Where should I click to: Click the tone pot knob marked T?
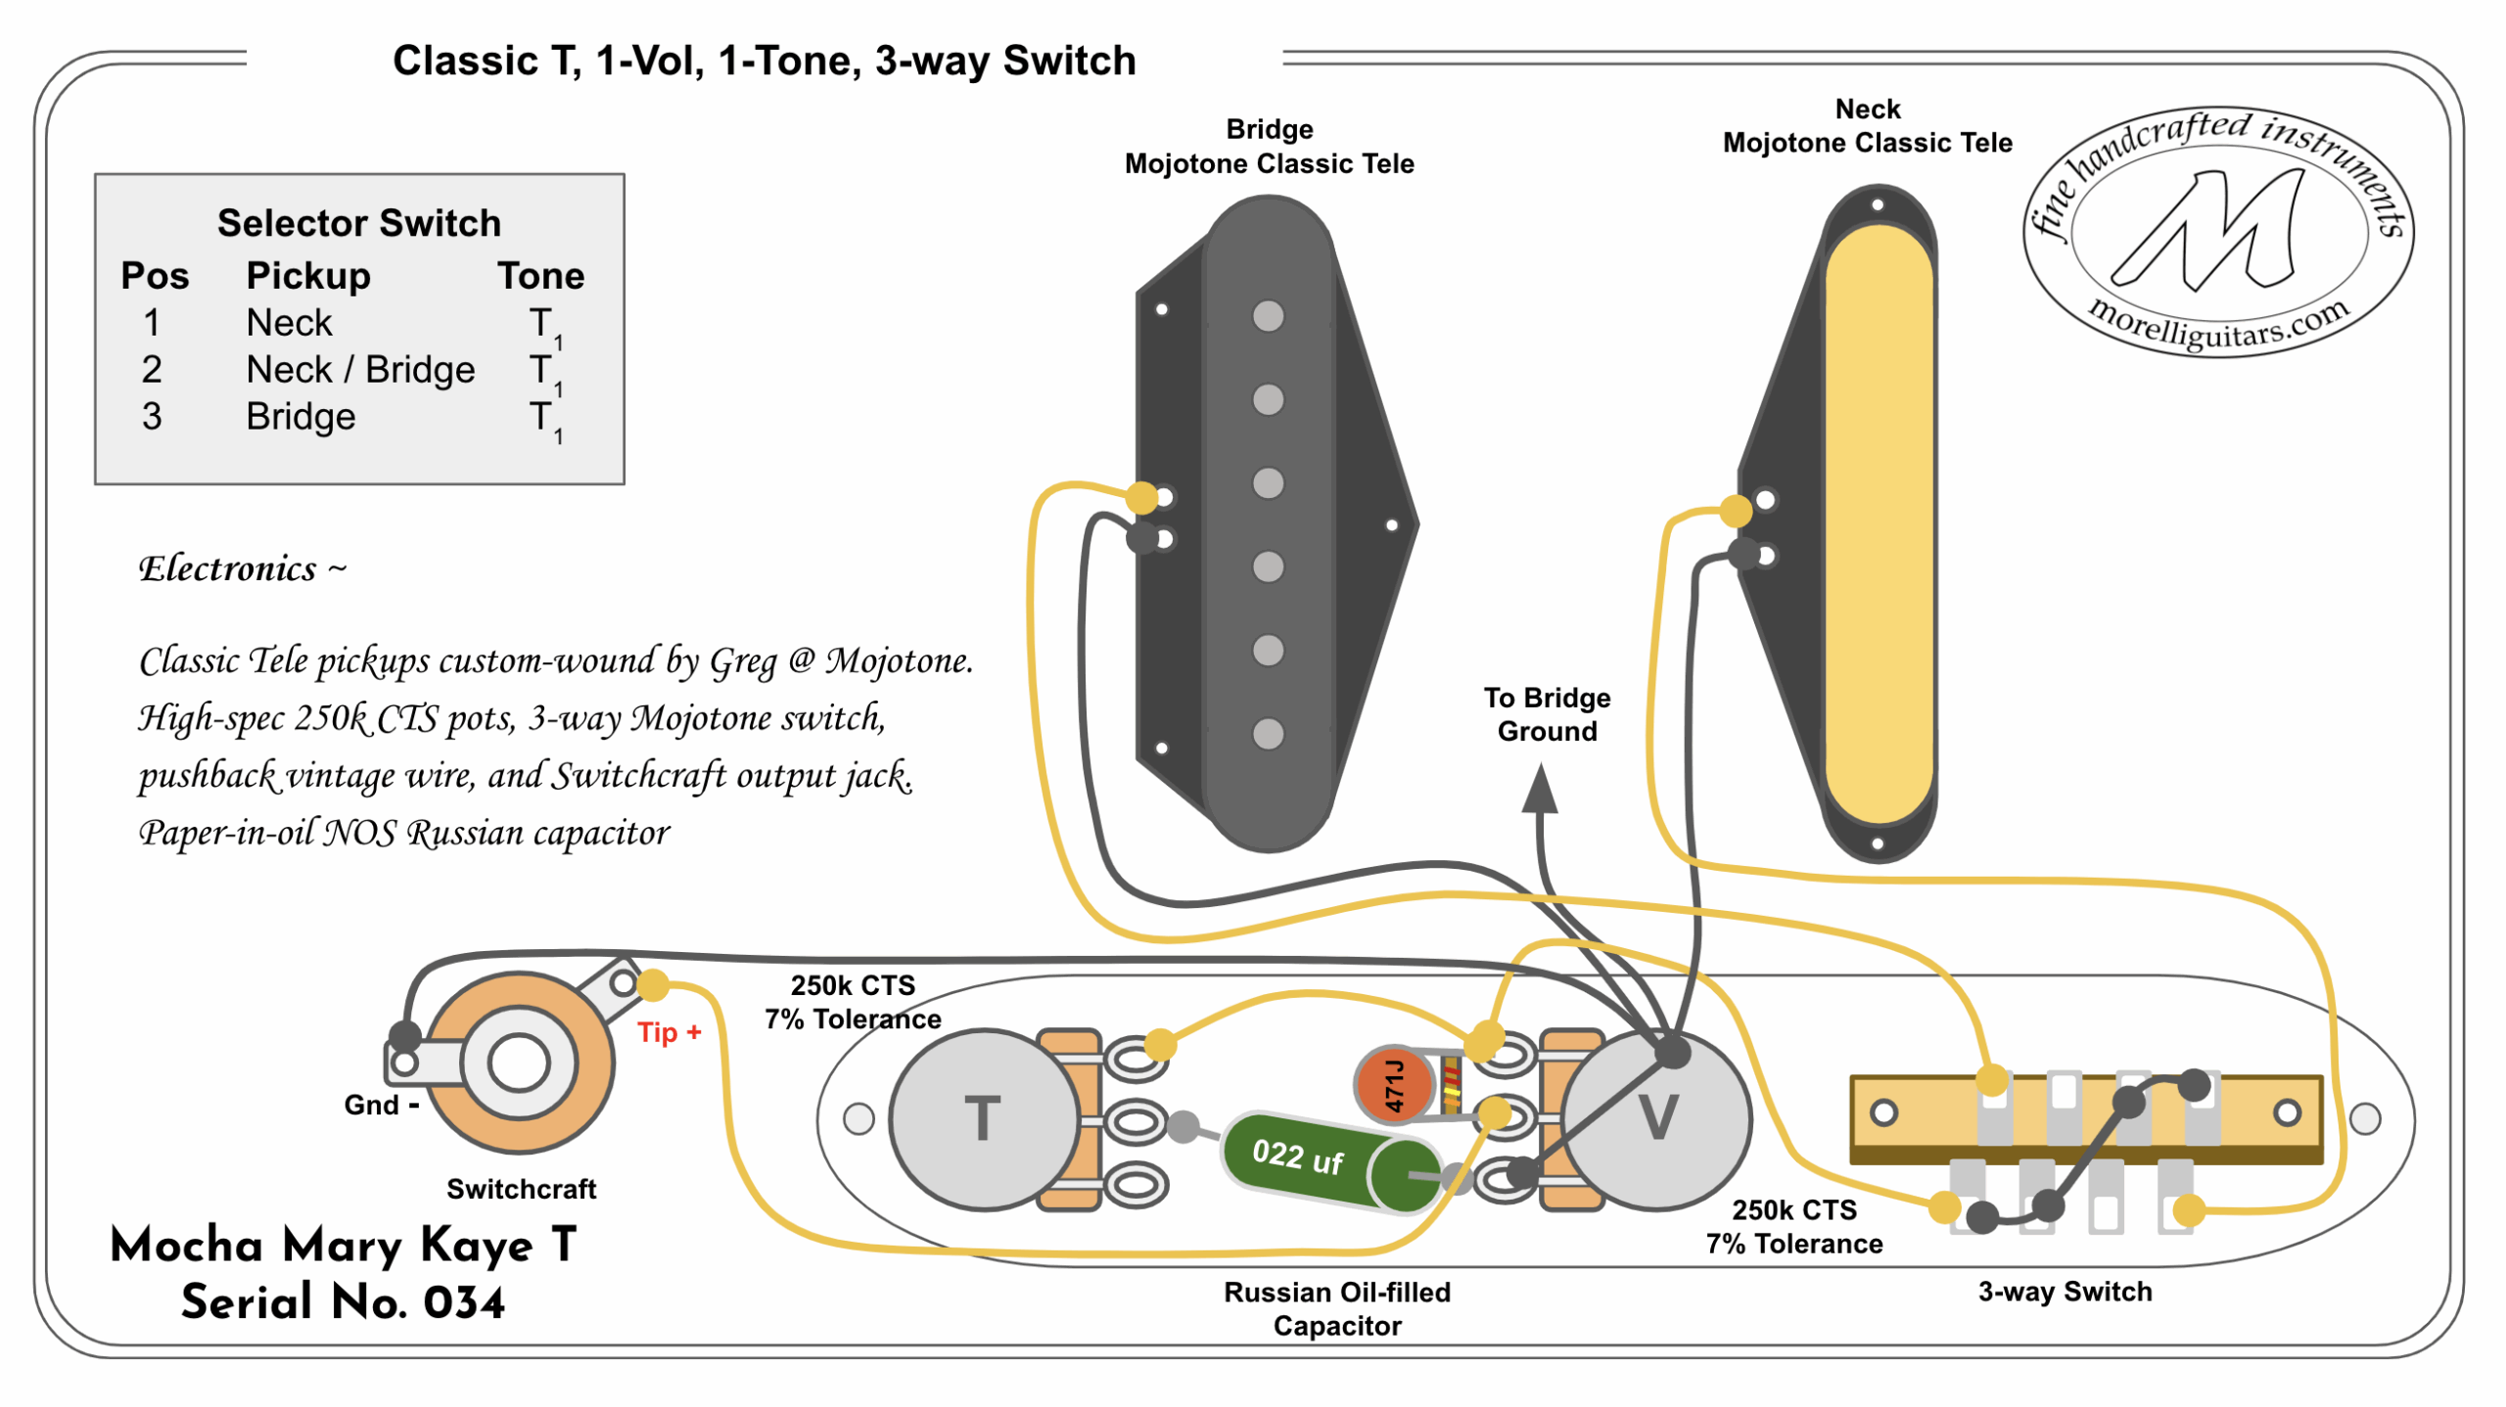tap(982, 1119)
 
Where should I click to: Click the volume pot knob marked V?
tap(1657, 1119)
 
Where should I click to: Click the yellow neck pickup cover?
tap(1878, 523)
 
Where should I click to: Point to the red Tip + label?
tap(669, 1033)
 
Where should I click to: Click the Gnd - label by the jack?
tap(381, 1106)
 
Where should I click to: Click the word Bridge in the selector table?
tap(301, 418)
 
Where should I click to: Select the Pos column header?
tap(155, 276)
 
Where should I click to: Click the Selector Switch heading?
tap(358, 223)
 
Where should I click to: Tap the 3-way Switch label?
tap(2065, 1293)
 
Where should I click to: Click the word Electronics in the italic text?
tap(227, 569)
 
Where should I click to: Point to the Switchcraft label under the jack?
tap(521, 1190)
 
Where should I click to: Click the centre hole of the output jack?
tap(518, 1064)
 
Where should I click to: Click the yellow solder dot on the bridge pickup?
tap(1141, 497)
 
